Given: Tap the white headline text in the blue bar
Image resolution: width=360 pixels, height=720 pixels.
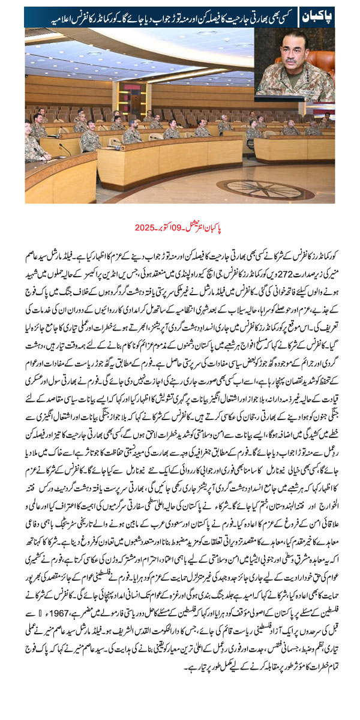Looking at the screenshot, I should coord(162,17).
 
